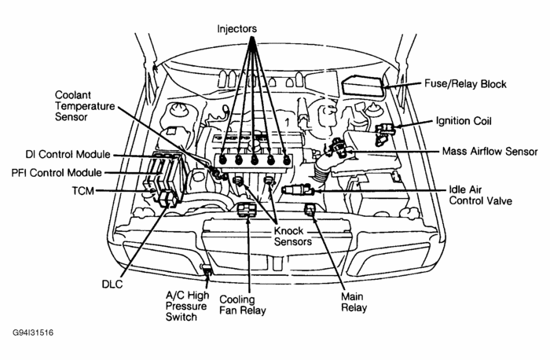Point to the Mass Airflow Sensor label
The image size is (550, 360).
[x=489, y=151]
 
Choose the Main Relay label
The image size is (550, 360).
[x=356, y=303]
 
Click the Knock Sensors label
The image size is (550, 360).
[x=293, y=237]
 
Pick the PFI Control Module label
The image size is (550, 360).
[x=56, y=172]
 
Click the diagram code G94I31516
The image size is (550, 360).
[x=32, y=332]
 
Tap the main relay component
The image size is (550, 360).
[x=310, y=210]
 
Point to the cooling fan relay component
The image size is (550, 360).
[x=247, y=210]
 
